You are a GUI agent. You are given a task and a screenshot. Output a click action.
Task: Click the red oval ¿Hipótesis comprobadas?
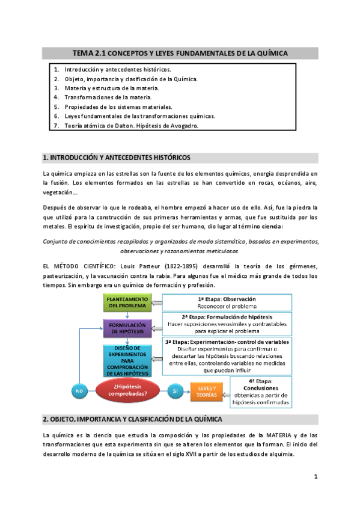[127, 392]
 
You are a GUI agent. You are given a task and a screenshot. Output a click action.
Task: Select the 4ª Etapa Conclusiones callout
[260, 392]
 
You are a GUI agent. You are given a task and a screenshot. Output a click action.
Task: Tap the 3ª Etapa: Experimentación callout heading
[227, 342]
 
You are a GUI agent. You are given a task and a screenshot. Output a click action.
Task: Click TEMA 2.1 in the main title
[89, 54]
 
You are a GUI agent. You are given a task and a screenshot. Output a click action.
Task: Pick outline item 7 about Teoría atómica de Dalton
[131, 126]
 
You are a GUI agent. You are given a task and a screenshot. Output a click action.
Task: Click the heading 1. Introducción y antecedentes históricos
[117, 158]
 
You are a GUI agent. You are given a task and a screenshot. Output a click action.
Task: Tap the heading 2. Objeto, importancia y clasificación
[133, 419]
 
